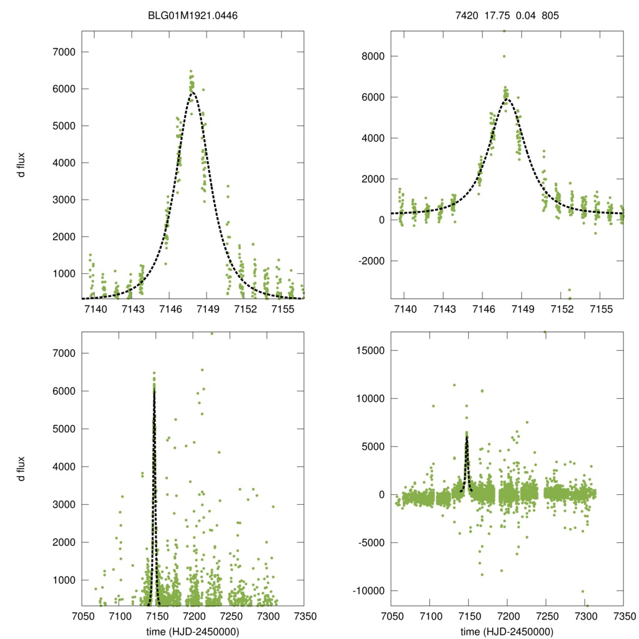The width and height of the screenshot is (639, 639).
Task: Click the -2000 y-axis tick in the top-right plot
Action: tap(368, 261)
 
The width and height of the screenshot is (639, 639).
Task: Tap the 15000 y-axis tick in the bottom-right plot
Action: tap(368, 350)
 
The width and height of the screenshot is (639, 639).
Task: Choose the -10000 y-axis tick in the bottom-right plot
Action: tap(366, 590)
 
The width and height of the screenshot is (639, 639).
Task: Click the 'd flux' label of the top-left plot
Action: tap(22, 165)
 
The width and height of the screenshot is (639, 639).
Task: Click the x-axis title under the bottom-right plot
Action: tap(507, 631)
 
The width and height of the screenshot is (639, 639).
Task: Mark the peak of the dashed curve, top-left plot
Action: tap(192, 93)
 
